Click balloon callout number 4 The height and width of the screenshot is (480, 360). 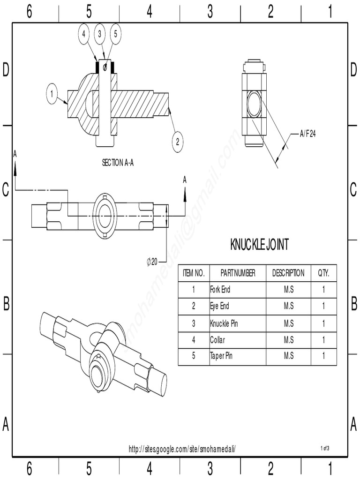[84, 34]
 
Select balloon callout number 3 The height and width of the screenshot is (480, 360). [100, 34]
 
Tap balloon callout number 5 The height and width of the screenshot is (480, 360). [116, 34]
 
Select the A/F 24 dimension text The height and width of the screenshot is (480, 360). [308, 134]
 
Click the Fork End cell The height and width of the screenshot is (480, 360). [220, 290]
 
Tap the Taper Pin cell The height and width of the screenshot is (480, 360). [221, 356]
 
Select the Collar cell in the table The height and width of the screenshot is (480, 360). [217, 339]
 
